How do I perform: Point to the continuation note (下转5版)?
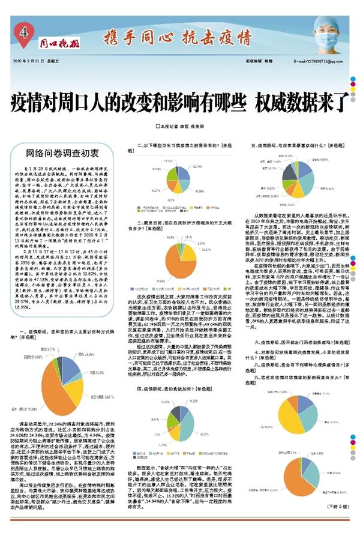339,523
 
